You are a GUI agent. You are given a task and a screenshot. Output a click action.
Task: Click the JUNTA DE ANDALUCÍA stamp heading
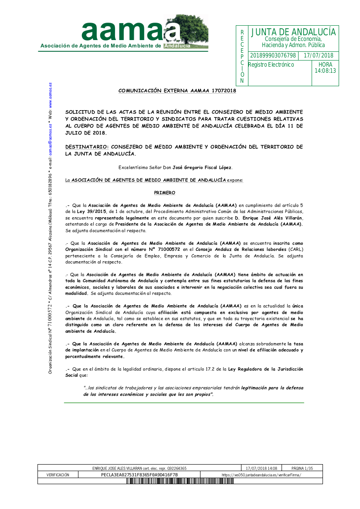point(293,32)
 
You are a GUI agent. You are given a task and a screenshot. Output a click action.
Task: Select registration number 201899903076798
point(273,56)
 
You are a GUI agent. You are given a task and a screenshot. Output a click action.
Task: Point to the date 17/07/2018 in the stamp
point(318,56)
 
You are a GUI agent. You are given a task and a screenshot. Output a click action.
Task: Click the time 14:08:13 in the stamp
point(325,71)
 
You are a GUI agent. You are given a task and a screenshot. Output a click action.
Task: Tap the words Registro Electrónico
point(271,65)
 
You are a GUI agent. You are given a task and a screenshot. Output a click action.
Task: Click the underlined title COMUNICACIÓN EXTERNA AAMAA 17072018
point(177,91)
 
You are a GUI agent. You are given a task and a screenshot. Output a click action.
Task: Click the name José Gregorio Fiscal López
point(202,168)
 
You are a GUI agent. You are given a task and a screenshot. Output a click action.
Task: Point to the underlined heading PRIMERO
point(164,192)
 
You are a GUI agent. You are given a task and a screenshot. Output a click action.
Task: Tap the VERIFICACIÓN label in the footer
point(58,475)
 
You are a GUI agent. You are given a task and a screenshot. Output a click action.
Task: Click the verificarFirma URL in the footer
point(261,475)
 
